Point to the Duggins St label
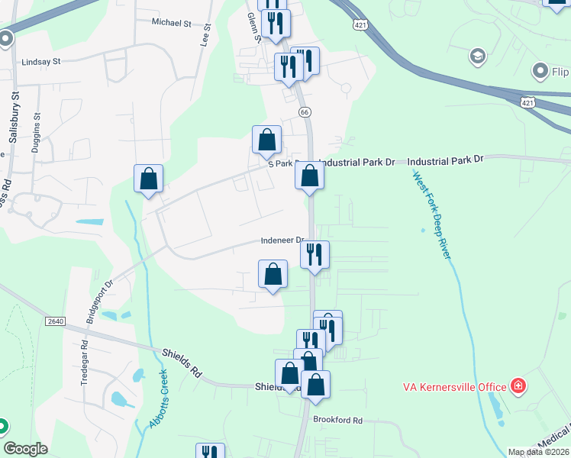pyautogui.click(x=37, y=133)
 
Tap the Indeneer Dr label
pyautogui.click(x=282, y=240)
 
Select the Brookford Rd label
pyautogui.click(x=337, y=420)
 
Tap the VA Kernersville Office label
pyautogui.click(x=455, y=386)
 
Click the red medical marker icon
pyautogui.click(x=519, y=385)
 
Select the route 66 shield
pyautogui.click(x=305, y=112)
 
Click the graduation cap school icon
pyautogui.click(x=478, y=56)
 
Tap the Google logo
pyautogui.click(x=26, y=449)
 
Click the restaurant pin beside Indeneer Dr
pyautogui.click(x=315, y=253)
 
